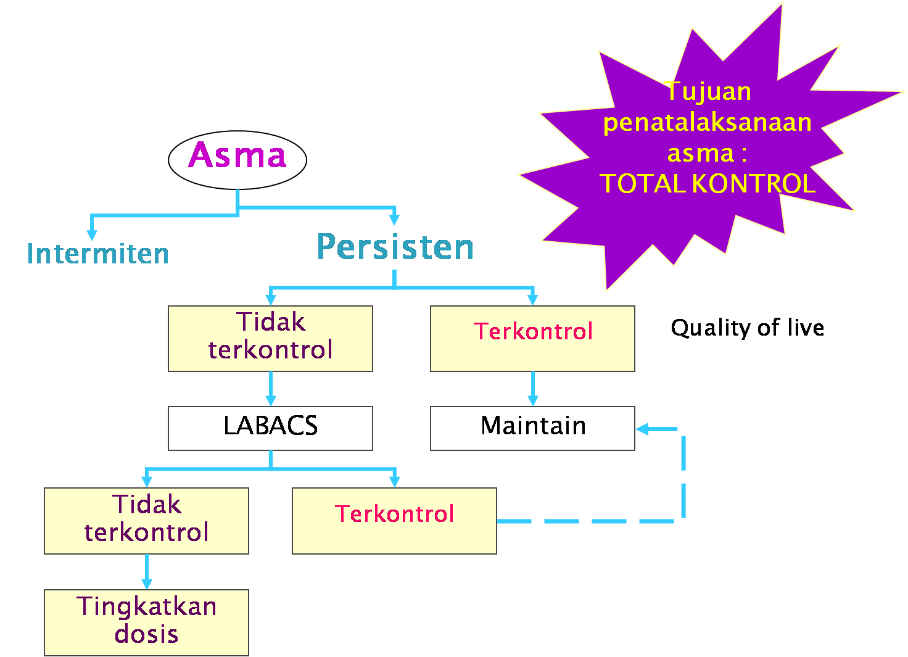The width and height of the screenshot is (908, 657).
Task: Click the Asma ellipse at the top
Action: pyautogui.click(x=237, y=159)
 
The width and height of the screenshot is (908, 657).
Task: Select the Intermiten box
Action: pyautogui.click(x=92, y=265)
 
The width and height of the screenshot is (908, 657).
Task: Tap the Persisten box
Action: pyautogui.click(x=394, y=247)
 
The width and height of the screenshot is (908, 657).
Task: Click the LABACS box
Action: pyautogui.click(x=270, y=428)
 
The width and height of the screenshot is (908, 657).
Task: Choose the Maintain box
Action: pyautogui.click(x=532, y=428)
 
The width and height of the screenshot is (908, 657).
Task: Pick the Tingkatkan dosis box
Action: pyautogui.click(x=146, y=622)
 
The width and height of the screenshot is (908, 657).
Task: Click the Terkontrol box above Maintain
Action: pyautogui.click(x=532, y=338)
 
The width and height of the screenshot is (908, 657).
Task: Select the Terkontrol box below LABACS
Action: pyautogui.click(x=394, y=521)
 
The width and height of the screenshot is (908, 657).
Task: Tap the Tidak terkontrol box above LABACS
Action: pyautogui.click(x=270, y=338)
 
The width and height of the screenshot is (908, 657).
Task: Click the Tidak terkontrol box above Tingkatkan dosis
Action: pyautogui.click(x=146, y=521)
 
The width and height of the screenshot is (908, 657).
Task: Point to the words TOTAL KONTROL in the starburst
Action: pyautogui.click(x=707, y=184)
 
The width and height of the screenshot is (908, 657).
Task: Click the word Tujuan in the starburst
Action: pyautogui.click(x=708, y=91)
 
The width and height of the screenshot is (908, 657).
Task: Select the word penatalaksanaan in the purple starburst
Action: pyautogui.click(x=707, y=122)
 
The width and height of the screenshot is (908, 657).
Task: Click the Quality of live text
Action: pyautogui.click(x=747, y=328)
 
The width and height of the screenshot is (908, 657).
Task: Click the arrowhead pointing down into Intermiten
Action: pyautogui.click(x=92, y=234)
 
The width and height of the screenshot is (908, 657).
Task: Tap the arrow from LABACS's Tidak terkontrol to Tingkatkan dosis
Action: pyautogui.click(x=146, y=572)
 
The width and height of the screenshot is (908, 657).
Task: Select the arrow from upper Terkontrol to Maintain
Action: pyautogui.click(x=532, y=389)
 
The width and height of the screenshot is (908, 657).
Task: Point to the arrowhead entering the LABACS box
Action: pyautogui.click(x=270, y=400)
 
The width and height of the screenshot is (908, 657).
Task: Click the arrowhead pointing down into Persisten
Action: pyautogui.click(x=394, y=220)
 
